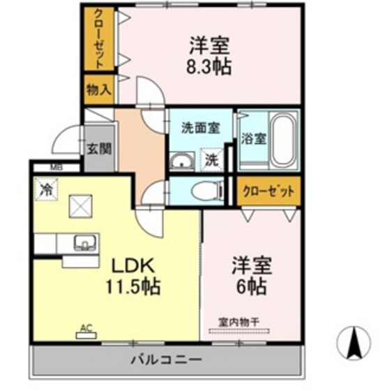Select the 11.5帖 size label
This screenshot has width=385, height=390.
[x=133, y=286]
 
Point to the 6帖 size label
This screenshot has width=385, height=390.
[x=250, y=286]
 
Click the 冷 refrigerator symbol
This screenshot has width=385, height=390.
[x=46, y=187]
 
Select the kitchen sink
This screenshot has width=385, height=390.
[x=85, y=243]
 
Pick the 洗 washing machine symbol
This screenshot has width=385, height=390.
[x=211, y=159]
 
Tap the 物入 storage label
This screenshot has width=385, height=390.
[x=98, y=88]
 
